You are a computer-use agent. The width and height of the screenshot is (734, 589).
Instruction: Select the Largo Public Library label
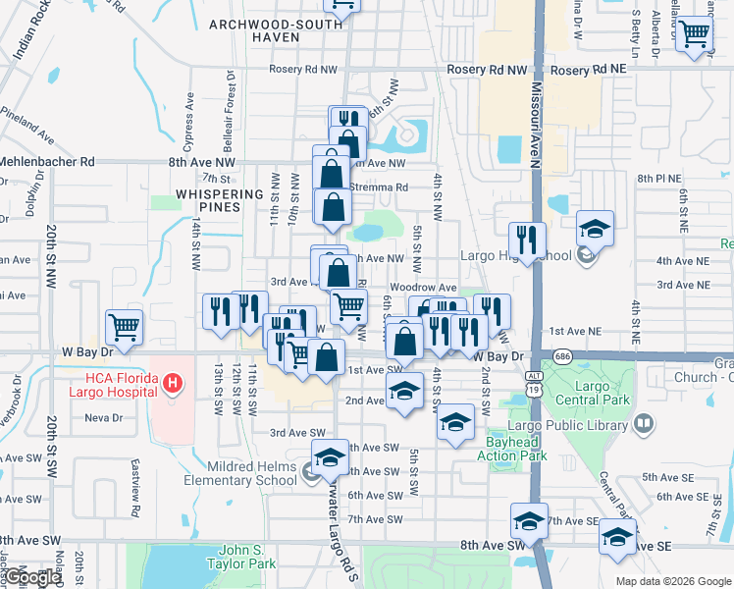582,425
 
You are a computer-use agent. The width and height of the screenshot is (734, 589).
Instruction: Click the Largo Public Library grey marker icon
644,424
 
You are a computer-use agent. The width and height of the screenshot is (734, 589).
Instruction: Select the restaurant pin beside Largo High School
527,240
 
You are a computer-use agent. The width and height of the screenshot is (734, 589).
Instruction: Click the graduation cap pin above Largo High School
594,228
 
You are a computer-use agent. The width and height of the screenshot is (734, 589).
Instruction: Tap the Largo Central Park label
592,393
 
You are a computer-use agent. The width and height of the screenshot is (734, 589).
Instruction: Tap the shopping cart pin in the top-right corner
695,35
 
